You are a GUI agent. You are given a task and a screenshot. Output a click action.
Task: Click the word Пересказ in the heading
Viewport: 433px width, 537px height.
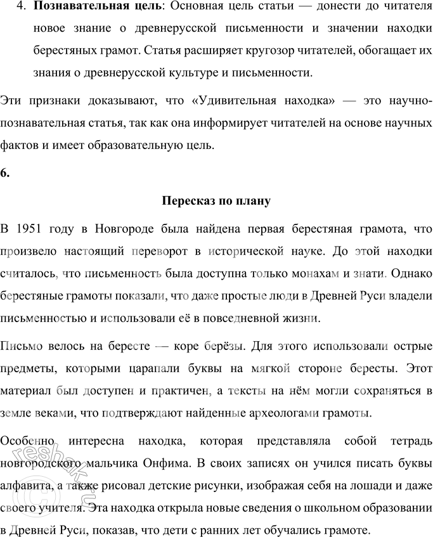click(184, 202)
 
